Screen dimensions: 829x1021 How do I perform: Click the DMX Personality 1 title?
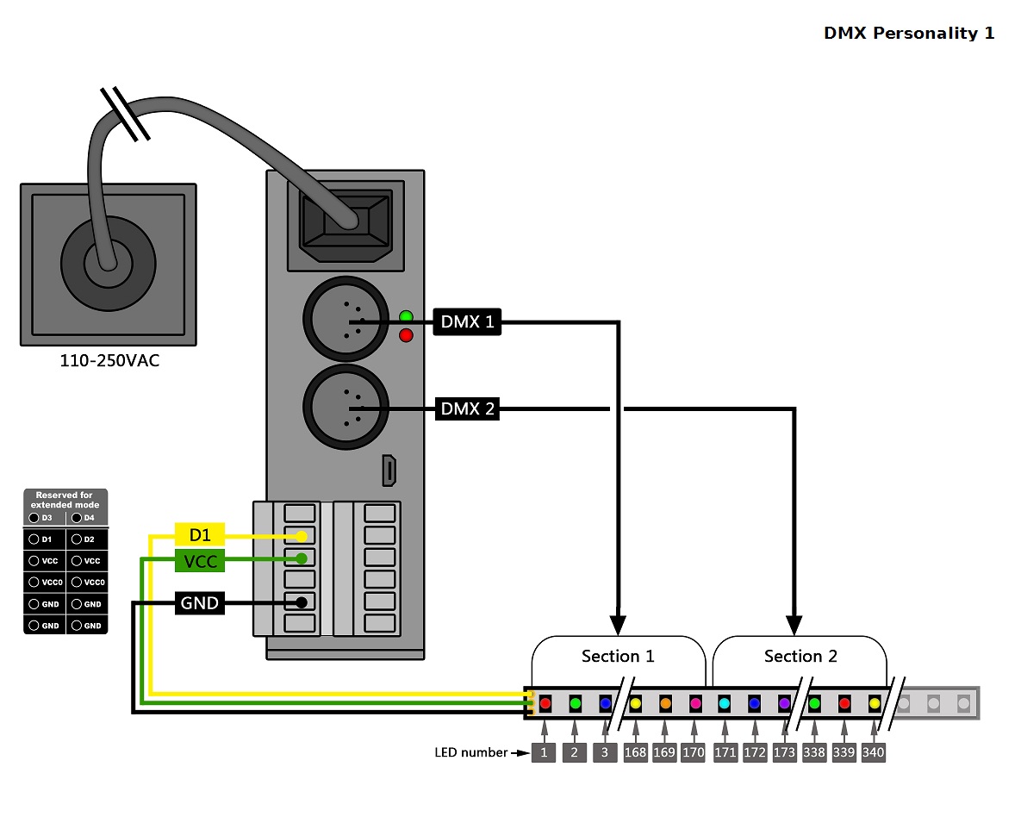[909, 34]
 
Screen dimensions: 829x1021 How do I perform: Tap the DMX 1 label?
[467, 322]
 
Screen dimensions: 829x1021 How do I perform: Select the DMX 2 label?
[467, 408]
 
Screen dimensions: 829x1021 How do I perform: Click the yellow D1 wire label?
[200, 535]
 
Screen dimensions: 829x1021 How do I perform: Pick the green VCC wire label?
[200, 562]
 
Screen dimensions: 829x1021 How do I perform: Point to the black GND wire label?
[200, 603]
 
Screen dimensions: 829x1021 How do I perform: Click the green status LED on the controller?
[406, 316]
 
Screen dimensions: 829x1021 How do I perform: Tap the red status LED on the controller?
[406, 334]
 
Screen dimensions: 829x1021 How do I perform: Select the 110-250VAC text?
[109, 361]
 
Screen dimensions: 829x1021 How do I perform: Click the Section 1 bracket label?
[618, 657]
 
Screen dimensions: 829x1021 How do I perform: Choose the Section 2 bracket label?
[800, 657]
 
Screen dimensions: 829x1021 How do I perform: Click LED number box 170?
[694, 752]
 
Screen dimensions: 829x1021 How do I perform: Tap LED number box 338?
[814, 752]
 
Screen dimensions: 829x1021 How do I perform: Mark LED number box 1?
[545, 752]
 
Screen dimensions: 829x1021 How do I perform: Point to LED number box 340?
[873, 752]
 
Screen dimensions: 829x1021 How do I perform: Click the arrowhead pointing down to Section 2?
[794, 625]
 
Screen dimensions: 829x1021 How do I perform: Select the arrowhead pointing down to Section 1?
[618, 625]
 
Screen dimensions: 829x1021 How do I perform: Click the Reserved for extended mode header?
[65, 500]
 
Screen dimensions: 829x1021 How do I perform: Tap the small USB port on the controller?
[389, 471]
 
